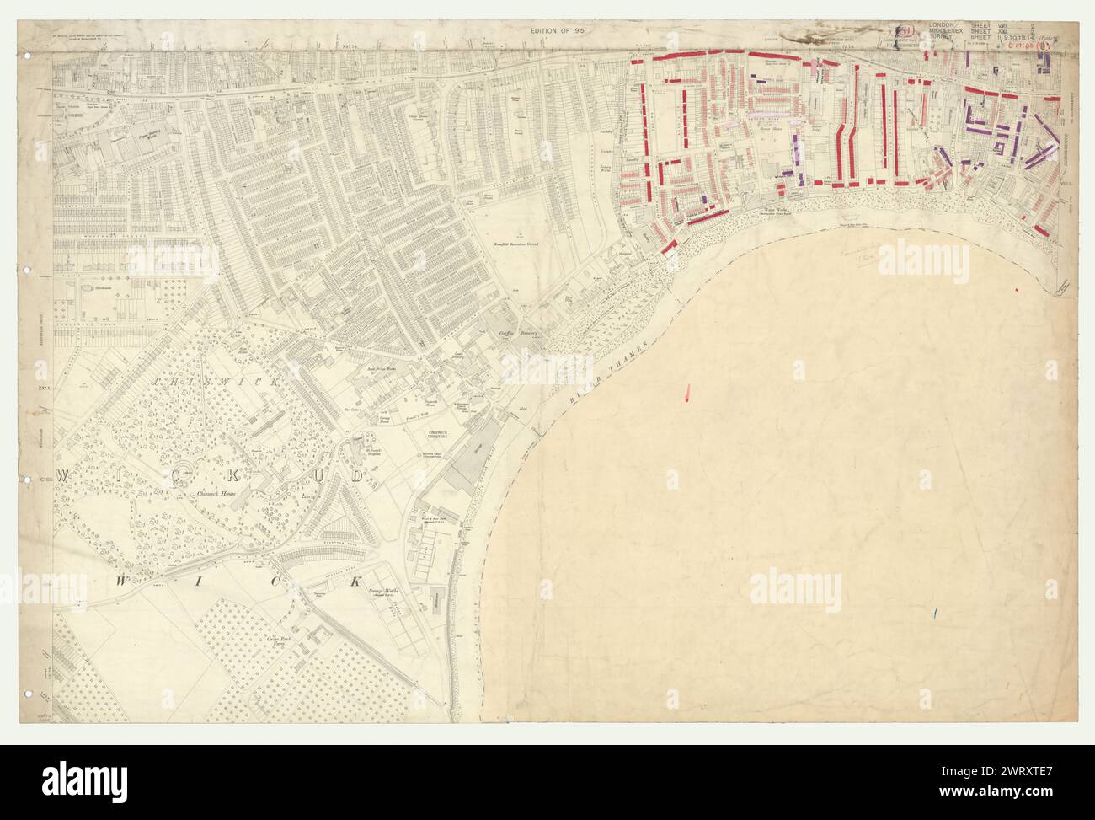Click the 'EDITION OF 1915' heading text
click(557, 31)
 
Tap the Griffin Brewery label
click(515, 334)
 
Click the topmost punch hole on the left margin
click(28, 56)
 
